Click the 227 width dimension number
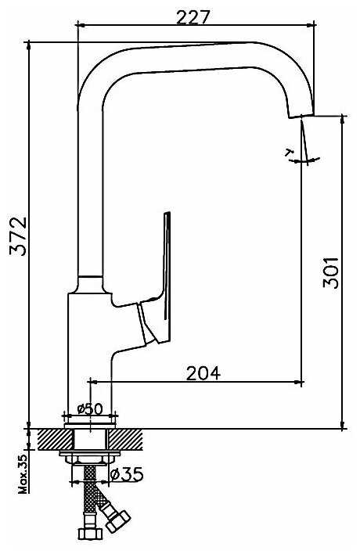click(193, 17)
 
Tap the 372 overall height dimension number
click(18, 236)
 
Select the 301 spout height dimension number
click(331, 273)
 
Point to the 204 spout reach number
click(203, 373)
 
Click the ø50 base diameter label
click(90, 408)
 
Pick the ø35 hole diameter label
click(127, 474)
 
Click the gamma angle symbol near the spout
click(290, 153)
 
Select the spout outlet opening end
click(301, 116)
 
